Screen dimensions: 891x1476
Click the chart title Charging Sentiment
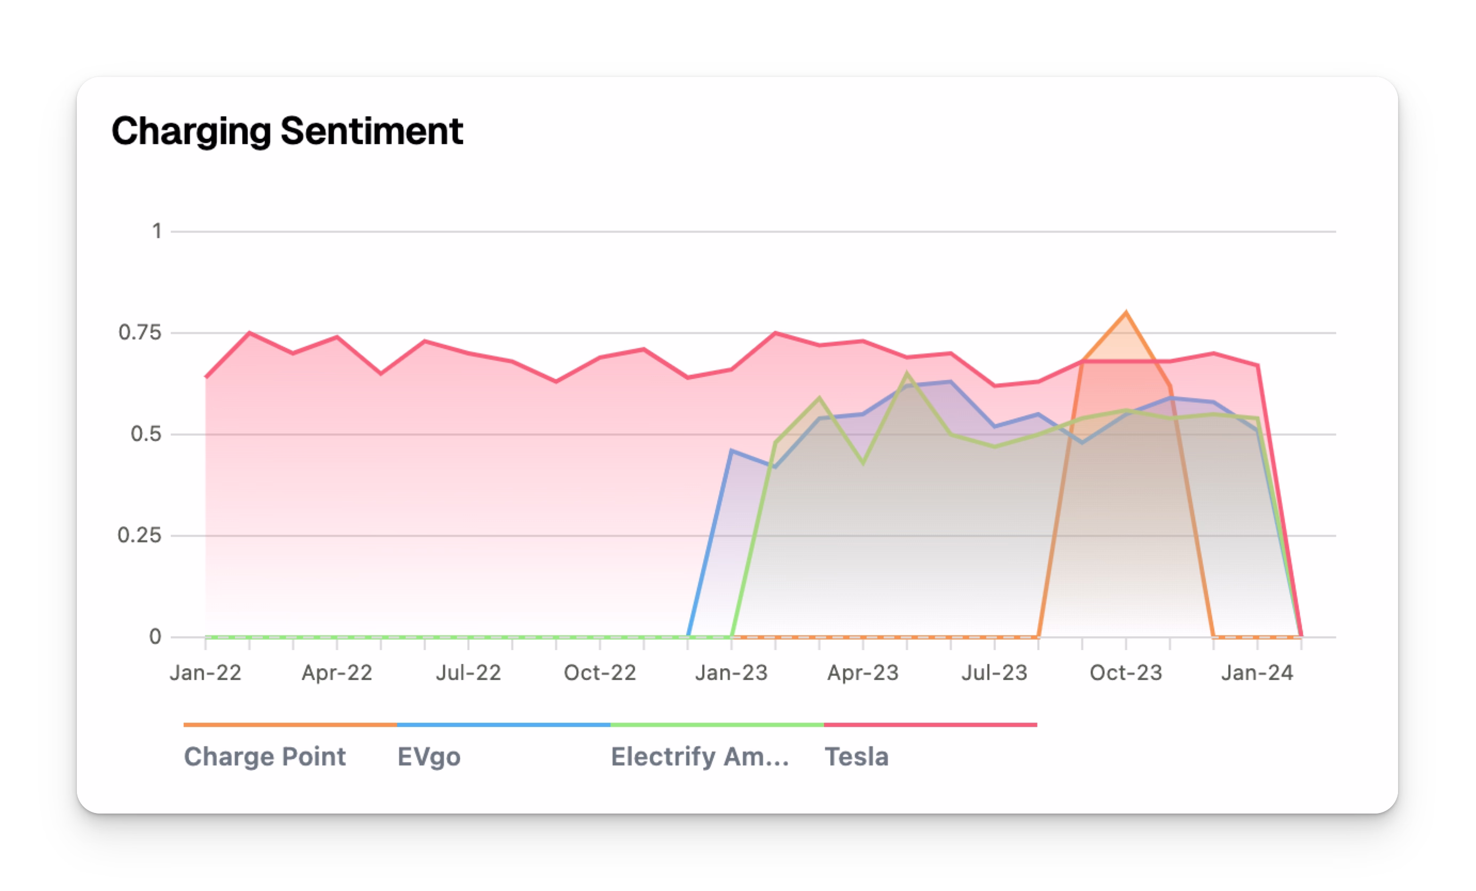(287, 131)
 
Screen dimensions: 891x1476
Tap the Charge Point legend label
(264, 757)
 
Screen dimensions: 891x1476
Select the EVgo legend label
(429, 757)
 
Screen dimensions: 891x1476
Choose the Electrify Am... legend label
(700, 757)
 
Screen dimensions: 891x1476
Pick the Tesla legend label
(856, 757)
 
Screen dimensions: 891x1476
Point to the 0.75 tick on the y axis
(140, 333)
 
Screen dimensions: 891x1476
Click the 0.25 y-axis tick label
(139, 535)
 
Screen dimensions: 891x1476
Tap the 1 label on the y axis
(156, 231)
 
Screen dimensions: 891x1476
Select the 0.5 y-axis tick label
(146, 434)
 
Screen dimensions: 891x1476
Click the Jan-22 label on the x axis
(206, 673)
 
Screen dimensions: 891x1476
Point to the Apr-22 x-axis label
(336, 673)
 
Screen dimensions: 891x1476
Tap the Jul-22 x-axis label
(468, 673)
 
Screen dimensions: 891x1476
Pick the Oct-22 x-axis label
(600, 673)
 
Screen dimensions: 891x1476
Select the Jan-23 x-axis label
(732, 673)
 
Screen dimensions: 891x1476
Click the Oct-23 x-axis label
(1126, 673)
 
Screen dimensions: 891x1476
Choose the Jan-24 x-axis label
(1258, 673)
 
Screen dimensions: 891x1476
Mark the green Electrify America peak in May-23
(907, 374)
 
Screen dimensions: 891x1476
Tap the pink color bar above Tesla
(930, 725)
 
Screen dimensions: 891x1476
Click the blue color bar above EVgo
(503, 725)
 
